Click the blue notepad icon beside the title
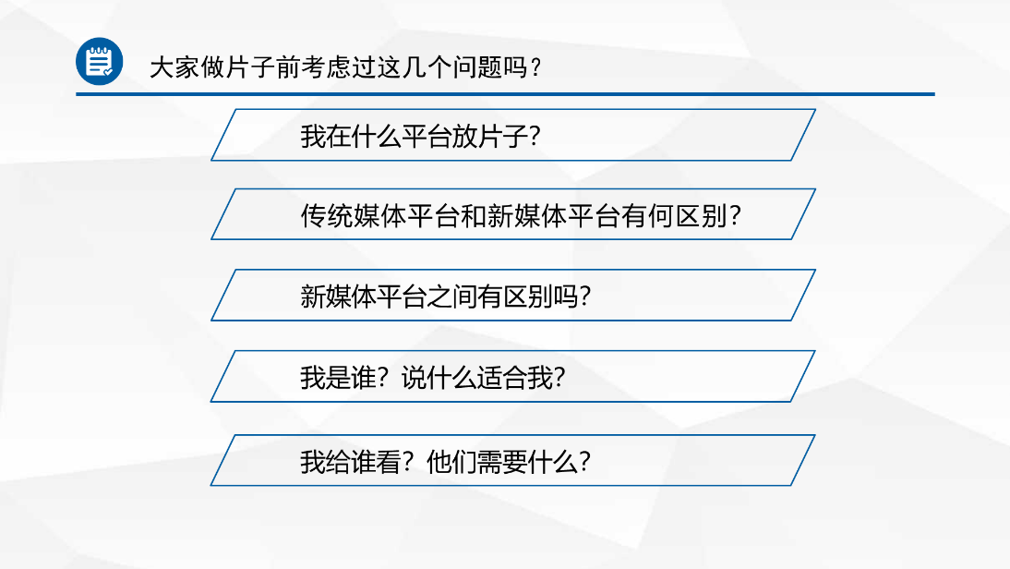(99, 61)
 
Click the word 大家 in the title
(174, 67)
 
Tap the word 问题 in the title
(475, 67)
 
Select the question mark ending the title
(535, 67)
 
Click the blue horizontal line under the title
(505, 94)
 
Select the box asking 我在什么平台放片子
(513, 135)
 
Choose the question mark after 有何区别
(734, 216)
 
